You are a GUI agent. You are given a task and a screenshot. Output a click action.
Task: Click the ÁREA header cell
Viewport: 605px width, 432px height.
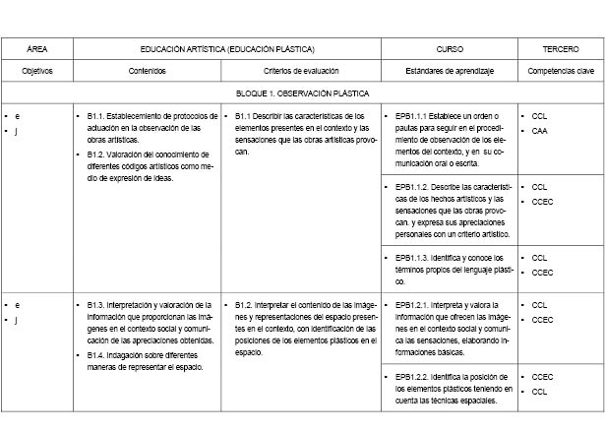click(x=37, y=48)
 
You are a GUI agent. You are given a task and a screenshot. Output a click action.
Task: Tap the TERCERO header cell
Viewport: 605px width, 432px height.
click(x=560, y=48)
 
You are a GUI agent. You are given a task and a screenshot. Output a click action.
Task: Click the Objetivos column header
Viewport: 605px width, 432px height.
click(x=37, y=71)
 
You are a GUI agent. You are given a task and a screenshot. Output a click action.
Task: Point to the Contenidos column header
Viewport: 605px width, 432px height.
click(x=147, y=71)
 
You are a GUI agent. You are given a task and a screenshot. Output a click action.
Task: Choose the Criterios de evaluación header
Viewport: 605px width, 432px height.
click(x=299, y=71)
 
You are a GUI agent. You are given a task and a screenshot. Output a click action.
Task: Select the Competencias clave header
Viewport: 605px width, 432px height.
click(x=560, y=71)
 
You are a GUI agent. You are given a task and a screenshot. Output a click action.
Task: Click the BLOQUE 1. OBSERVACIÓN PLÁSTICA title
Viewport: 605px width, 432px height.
click(x=302, y=93)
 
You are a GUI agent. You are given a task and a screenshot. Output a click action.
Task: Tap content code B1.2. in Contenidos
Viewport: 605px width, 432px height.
click(x=96, y=154)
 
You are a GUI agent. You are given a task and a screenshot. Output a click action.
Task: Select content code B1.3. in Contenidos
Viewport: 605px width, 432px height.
click(x=96, y=305)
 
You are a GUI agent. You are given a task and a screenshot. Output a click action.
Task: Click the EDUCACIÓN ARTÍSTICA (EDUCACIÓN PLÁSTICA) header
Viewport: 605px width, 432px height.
click(x=227, y=48)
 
